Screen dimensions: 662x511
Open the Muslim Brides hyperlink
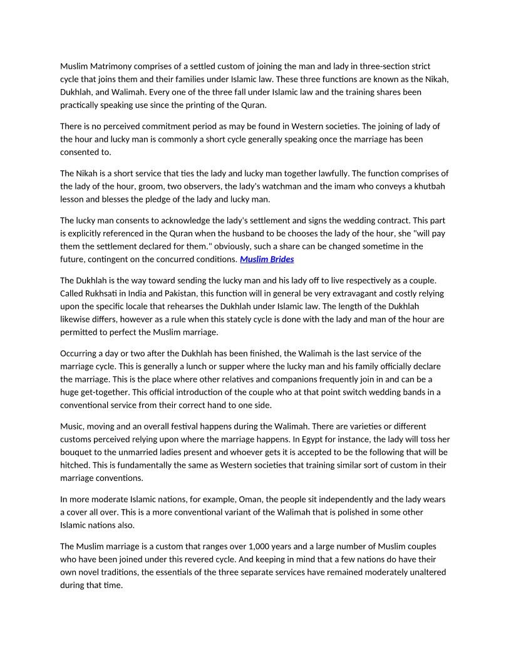[267, 259]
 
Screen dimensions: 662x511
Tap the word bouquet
[78, 452]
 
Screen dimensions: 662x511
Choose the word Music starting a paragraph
[73, 426]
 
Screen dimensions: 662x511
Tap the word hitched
[76, 465]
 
